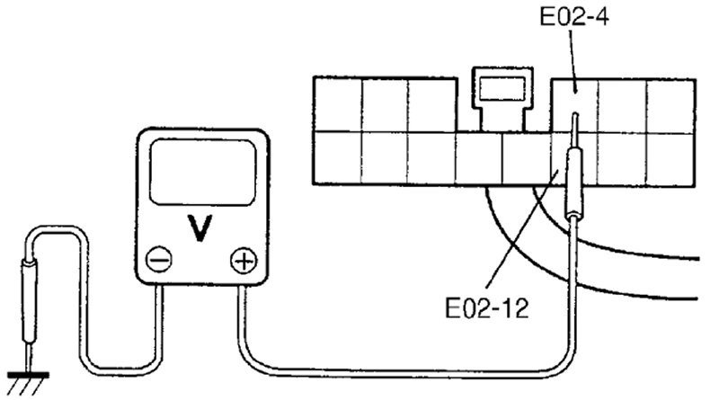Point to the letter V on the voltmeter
coord(203,230)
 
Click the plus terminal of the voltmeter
coord(242,262)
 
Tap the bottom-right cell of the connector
coord(670,158)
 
